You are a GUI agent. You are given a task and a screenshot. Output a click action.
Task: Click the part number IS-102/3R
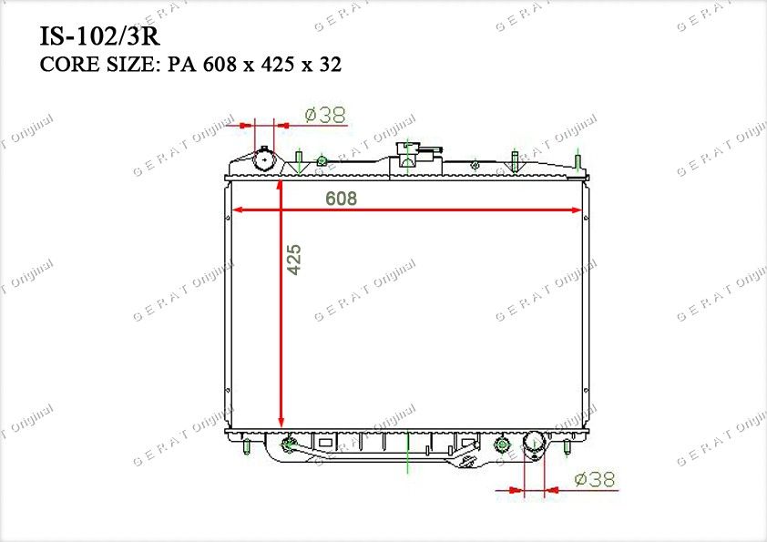coord(99,36)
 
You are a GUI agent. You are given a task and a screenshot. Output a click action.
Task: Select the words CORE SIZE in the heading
coord(97,65)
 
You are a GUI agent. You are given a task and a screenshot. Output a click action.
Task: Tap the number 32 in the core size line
coord(331,65)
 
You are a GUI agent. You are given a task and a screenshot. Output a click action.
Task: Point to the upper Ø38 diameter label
coord(325,115)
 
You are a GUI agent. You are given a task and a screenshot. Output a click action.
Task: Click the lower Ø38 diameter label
coord(594,479)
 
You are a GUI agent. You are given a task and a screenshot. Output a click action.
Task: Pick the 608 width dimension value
coord(341,198)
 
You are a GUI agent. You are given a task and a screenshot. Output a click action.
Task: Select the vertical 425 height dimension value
coord(293,260)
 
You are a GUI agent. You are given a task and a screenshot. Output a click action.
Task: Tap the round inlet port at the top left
coord(265,159)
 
